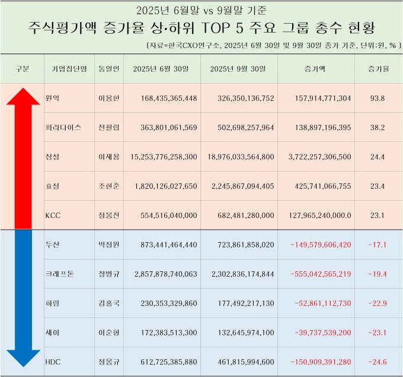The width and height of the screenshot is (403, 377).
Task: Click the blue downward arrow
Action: (x=23, y=297)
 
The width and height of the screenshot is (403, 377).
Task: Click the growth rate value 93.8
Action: (x=377, y=99)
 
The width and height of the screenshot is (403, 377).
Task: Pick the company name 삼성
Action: (x=52, y=157)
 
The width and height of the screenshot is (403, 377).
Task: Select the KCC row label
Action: (x=53, y=215)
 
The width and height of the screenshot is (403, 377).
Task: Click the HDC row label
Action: (x=53, y=362)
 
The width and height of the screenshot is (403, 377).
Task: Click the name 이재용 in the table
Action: (x=108, y=157)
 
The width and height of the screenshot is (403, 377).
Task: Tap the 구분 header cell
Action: (x=23, y=69)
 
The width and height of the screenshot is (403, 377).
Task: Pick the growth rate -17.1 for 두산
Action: (x=377, y=245)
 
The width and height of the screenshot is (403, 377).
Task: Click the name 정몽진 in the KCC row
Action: (x=108, y=215)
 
